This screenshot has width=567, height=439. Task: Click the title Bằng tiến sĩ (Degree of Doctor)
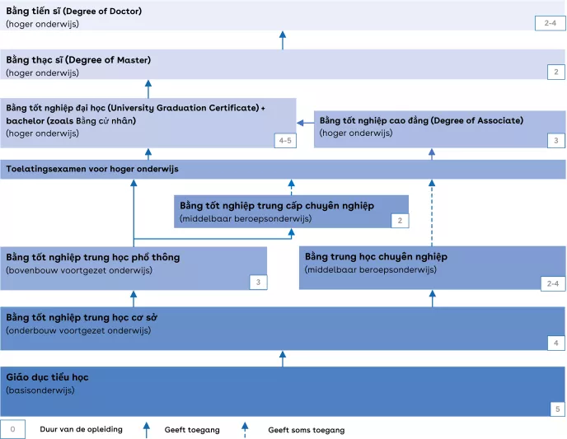pyautogui.click(x=73, y=12)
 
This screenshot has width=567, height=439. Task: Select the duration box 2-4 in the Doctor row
pyautogui.click(x=551, y=23)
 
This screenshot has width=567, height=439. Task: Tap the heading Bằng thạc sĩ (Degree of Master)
pyautogui.click(x=78, y=60)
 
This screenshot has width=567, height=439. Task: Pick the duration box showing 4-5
pyautogui.click(x=284, y=141)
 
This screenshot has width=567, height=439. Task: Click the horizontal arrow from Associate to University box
pyautogui.click(x=305, y=123)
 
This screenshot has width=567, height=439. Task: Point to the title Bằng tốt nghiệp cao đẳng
pyautogui.click(x=421, y=120)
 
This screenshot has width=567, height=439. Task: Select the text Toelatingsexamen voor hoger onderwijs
pyautogui.click(x=92, y=169)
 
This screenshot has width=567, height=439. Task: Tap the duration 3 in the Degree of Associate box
pyautogui.click(x=555, y=141)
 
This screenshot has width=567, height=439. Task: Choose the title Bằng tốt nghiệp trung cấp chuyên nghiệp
pyautogui.click(x=277, y=205)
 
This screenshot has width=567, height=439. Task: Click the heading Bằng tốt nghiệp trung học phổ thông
pyautogui.click(x=92, y=257)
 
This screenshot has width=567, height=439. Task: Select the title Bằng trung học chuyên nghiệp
pyautogui.click(x=376, y=256)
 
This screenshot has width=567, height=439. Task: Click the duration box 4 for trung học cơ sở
pyautogui.click(x=555, y=342)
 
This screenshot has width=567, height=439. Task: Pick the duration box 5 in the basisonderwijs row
pyautogui.click(x=555, y=409)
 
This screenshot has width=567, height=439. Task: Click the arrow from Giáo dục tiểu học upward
pyautogui.click(x=283, y=358)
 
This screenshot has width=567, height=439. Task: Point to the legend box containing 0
pyautogui.click(x=13, y=429)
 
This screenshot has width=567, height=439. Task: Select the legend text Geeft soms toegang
pyautogui.click(x=306, y=430)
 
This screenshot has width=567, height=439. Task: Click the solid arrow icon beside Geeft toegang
pyautogui.click(x=147, y=428)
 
